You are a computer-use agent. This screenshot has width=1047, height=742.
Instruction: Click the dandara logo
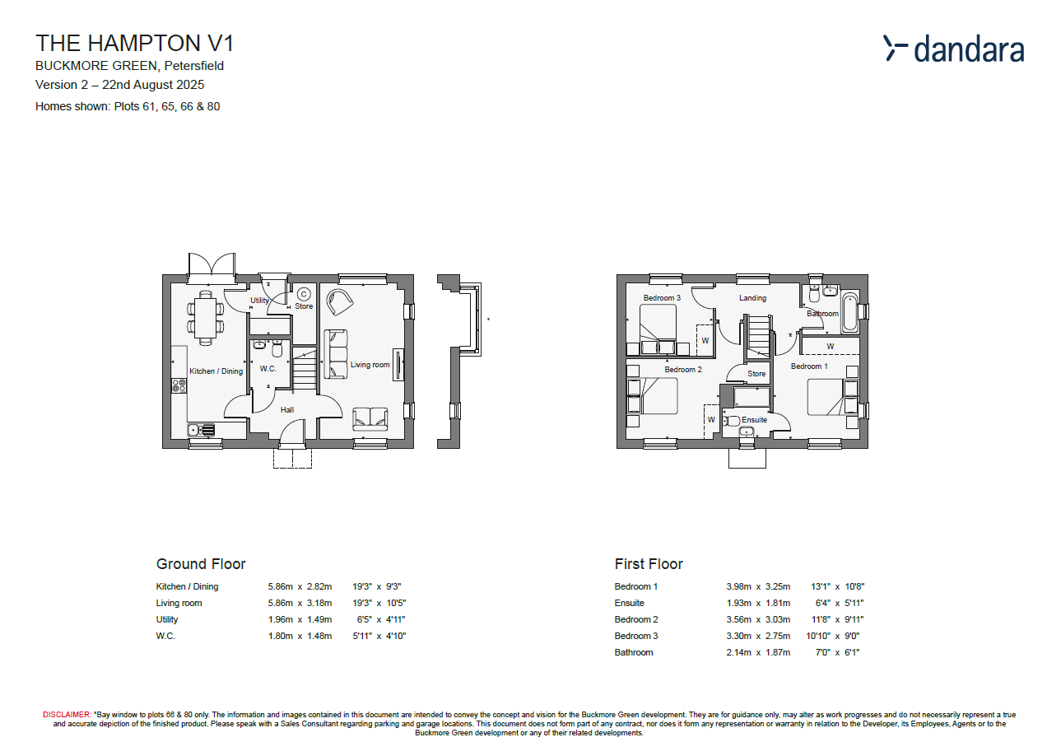pyautogui.click(x=954, y=49)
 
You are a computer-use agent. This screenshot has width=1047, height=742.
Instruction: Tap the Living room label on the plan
pyautogui.click(x=370, y=365)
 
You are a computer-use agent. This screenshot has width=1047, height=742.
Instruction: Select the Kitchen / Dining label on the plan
pyautogui.click(x=216, y=371)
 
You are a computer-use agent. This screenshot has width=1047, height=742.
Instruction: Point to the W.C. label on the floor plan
pyautogui.click(x=268, y=369)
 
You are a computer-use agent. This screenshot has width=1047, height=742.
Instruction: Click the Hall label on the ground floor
pyautogui.click(x=286, y=409)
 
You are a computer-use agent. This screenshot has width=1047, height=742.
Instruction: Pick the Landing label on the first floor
pyautogui.click(x=752, y=298)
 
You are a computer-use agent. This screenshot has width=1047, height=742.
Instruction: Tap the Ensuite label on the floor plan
pyautogui.click(x=754, y=420)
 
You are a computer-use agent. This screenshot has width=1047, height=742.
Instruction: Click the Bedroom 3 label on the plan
pyautogui.click(x=662, y=298)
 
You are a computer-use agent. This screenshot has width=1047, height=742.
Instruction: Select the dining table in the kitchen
pyautogui.click(x=206, y=317)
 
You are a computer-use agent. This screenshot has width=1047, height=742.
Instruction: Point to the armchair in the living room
pyautogui.click(x=339, y=302)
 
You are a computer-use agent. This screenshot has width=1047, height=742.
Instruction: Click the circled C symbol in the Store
pyautogui.click(x=303, y=293)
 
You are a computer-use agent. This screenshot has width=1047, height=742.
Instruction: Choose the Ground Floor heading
pyautogui.click(x=201, y=564)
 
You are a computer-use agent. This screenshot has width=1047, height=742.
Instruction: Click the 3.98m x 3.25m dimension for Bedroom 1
pyautogui.click(x=757, y=587)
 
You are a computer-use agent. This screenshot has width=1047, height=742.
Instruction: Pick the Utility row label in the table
pyautogui.click(x=167, y=619)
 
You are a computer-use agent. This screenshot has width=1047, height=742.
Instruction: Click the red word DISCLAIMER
pyautogui.click(x=67, y=715)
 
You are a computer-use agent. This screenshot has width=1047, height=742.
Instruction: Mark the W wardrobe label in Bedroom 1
pyautogui.click(x=830, y=347)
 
